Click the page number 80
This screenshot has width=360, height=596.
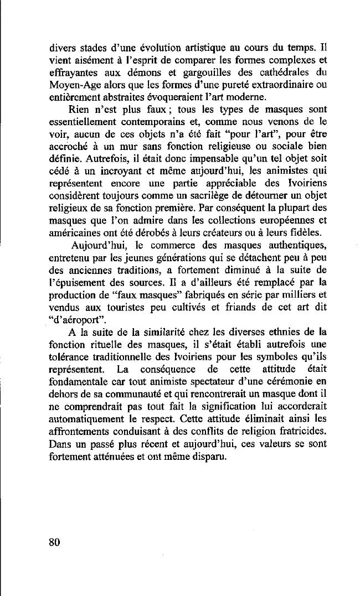[53, 542]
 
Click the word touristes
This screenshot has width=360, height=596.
[128, 306]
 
